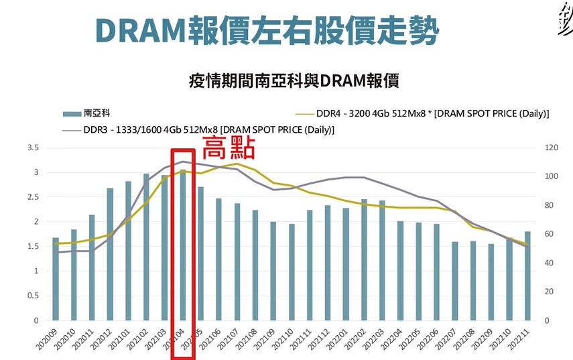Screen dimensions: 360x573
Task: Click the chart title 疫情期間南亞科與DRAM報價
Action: coord(294,82)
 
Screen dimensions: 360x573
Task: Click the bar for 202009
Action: coord(56,279)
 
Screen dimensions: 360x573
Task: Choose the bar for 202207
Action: coord(454,281)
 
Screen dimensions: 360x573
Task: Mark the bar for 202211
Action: coord(527,276)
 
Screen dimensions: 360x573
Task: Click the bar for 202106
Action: coord(218,259)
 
